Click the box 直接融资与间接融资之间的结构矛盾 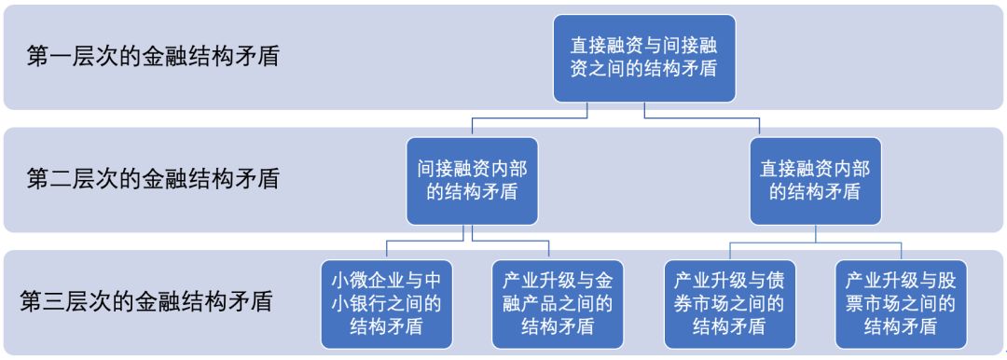point(645,58)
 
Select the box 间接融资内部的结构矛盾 point(472,181)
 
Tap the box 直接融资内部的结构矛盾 point(816,181)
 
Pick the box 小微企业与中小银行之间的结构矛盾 point(386,302)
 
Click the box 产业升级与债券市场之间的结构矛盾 point(730,302)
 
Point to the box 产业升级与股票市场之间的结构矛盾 point(901,302)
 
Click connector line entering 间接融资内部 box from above point(472,129)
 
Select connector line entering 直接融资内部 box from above point(816,129)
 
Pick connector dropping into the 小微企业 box point(386,249)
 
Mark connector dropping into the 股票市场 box point(901,249)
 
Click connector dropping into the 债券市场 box point(730,249)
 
